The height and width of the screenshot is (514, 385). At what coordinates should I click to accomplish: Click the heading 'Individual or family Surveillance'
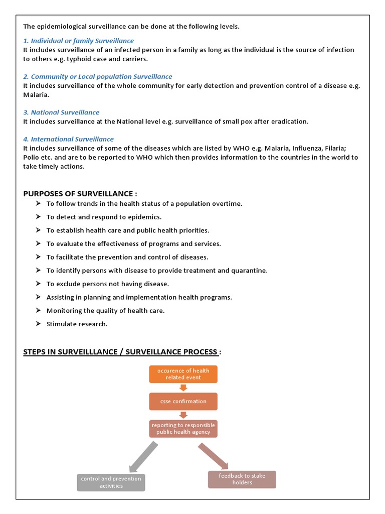[x=78, y=40]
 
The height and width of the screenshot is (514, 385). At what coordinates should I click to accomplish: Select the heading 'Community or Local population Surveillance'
[x=97, y=76]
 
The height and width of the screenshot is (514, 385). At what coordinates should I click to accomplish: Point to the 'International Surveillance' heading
[x=68, y=139]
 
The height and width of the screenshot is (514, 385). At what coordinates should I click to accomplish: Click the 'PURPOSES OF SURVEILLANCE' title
[x=78, y=194]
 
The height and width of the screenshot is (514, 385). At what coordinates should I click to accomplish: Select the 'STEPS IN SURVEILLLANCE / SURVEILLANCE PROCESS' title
[x=120, y=352]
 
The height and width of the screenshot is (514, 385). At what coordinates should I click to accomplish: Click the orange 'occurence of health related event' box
[x=183, y=374]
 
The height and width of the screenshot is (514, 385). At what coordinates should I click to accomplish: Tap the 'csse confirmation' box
[x=183, y=401]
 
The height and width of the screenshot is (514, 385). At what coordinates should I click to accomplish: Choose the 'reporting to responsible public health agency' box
[x=183, y=428]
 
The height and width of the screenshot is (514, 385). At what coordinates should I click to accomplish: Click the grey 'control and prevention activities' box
[x=111, y=482]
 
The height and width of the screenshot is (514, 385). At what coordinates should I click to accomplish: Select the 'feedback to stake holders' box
[x=242, y=479]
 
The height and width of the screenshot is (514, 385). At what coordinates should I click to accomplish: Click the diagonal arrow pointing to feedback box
[x=213, y=456]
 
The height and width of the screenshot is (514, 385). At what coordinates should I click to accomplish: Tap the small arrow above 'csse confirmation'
[x=183, y=388]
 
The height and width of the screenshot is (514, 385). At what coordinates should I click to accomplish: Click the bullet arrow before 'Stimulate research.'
[x=39, y=324]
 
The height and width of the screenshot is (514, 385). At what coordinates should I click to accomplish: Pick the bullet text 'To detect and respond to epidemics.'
[x=104, y=217]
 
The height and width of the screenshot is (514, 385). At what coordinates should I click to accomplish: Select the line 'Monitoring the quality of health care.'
[x=105, y=311]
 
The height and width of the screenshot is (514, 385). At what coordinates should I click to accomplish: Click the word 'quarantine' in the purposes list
[x=249, y=271]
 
